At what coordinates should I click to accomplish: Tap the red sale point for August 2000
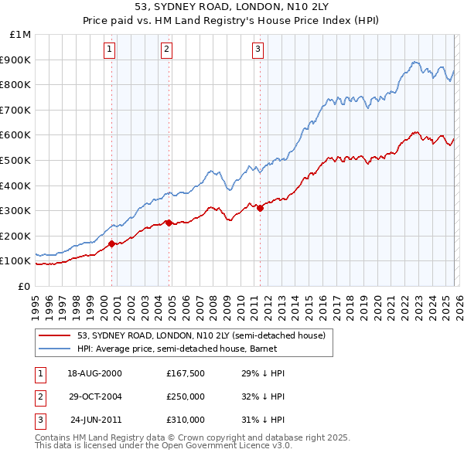[112, 243]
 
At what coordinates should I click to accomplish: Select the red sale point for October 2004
[169, 223]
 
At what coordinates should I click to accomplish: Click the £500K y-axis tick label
[17, 160]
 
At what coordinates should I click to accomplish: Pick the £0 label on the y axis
[23, 286]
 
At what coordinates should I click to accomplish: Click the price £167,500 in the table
[185, 373]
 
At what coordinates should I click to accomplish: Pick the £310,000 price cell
[185, 420]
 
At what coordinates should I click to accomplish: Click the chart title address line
[232, 7]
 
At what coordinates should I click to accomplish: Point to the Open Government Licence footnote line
[163, 446]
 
